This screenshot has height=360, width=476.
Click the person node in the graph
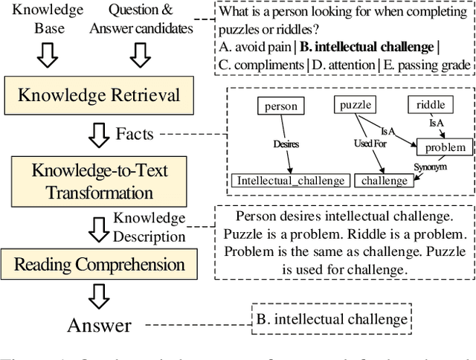[280, 106]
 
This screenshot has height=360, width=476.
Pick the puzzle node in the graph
[356, 106]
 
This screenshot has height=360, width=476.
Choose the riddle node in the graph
[431, 106]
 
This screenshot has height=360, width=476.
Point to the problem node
[444, 147]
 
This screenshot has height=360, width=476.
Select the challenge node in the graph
[385, 181]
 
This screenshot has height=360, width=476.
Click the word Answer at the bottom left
[98, 325]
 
